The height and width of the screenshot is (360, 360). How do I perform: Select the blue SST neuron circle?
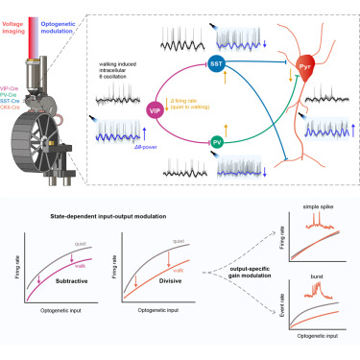coord(215,64)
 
